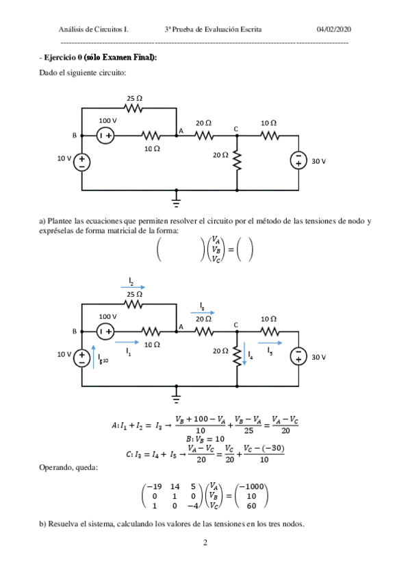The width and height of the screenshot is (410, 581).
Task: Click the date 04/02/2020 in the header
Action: [x=334, y=29]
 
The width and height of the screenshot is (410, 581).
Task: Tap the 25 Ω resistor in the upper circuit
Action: [x=134, y=108]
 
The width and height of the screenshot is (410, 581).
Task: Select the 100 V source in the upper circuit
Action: [x=105, y=136]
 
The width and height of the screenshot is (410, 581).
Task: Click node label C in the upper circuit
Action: [x=235, y=129]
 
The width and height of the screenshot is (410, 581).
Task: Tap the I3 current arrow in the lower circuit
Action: [x=202, y=312]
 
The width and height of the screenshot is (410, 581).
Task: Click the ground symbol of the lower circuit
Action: [x=177, y=396]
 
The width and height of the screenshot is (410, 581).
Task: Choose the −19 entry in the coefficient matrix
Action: [x=154, y=489]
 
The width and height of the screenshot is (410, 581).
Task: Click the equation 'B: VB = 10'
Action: [x=205, y=438]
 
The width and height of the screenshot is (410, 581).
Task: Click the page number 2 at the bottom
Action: [x=205, y=544]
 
